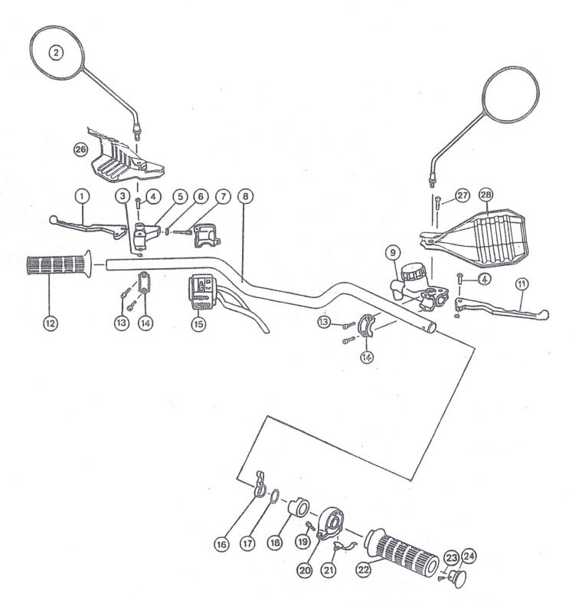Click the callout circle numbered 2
56,52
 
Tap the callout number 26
81,149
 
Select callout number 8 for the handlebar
245,196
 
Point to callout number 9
393,253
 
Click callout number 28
486,195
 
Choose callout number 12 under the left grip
51,323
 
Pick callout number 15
199,323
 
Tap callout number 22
363,570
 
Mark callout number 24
469,557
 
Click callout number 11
522,284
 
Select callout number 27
463,195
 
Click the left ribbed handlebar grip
59,264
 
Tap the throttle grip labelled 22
401,550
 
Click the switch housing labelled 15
201,293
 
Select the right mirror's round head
511,94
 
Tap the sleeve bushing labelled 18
299,506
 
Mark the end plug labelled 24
457,579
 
